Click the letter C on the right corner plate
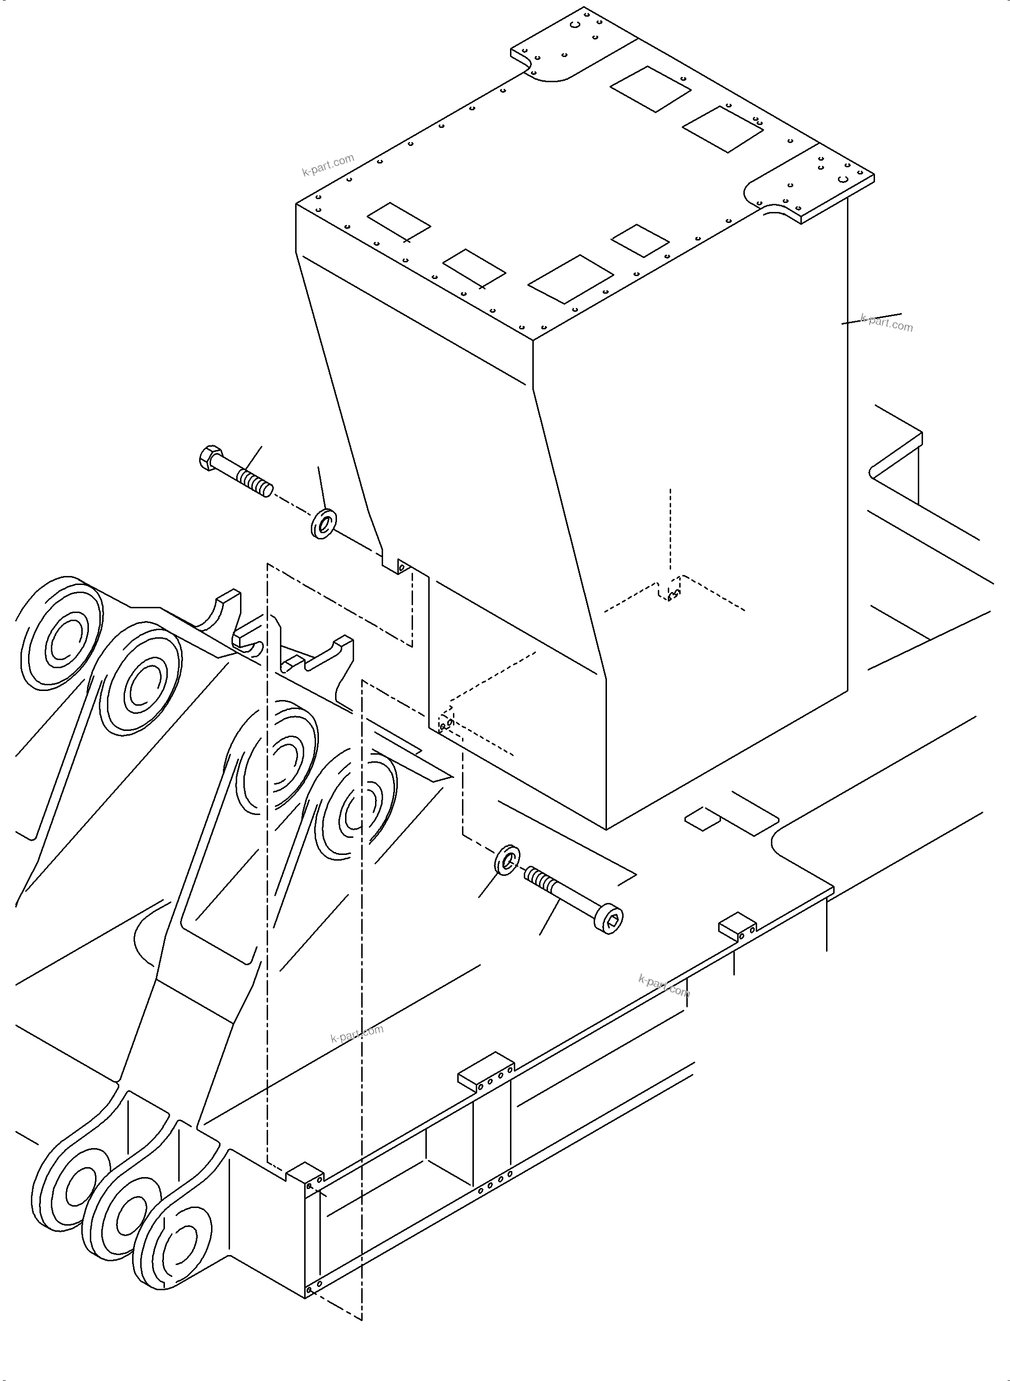[x=843, y=179]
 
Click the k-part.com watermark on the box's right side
[x=886, y=322]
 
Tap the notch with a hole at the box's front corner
[x=401, y=567]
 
